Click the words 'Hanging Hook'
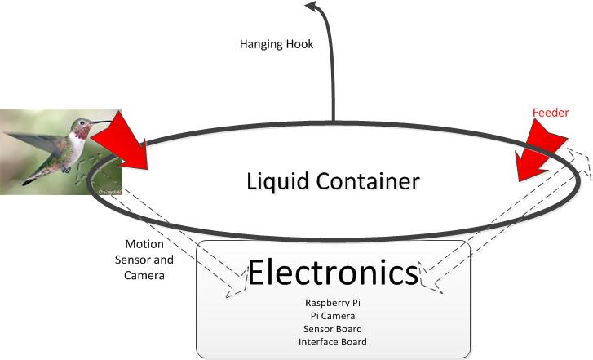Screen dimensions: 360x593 [277, 44]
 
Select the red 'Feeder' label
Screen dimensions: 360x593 [550, 113]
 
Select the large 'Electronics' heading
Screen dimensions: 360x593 [334, 273]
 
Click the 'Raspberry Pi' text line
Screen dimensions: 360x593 [333, 302]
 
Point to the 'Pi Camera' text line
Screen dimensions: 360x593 [333, 315]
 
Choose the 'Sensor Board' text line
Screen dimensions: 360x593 [333, 328]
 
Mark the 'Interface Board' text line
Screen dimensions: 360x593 [333, 341]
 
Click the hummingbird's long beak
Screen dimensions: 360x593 [102, 123]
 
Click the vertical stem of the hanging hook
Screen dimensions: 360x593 [333, 82]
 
